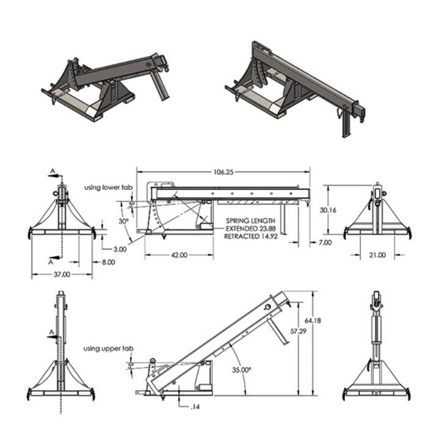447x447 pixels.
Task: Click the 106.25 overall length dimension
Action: coord(223,172)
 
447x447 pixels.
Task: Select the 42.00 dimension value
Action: coord(179,255)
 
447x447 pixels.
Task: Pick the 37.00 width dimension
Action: coord(62,275)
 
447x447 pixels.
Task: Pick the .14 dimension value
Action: coord(195,406)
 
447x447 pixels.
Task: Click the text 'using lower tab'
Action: coord(108,186)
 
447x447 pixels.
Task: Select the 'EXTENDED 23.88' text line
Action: coord(250,228)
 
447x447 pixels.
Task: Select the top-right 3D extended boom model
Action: coord(293,85)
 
